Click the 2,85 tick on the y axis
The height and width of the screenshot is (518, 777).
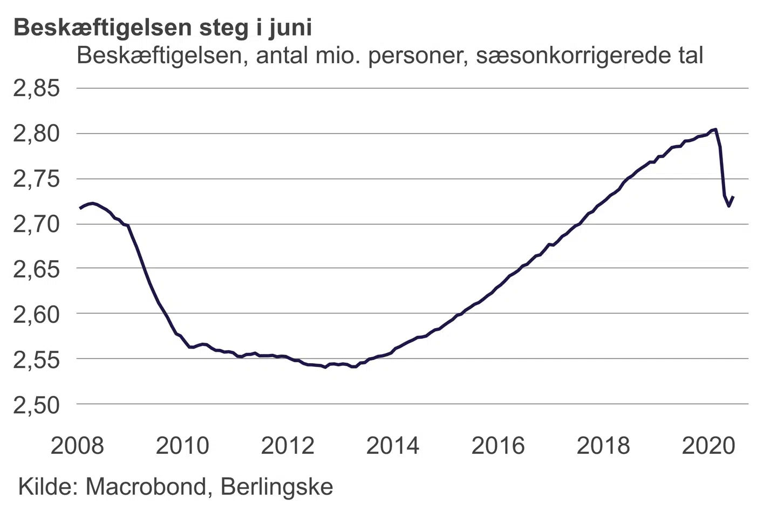tap(37, 88)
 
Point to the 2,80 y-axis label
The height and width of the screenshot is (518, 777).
tap(37, 134)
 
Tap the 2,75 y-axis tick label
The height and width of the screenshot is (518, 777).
tap(37, 179)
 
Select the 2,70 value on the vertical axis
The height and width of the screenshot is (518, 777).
tap(37, 224)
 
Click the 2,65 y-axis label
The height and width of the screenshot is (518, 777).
tap(37, 269)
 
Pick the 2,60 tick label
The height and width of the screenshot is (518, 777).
tap(37, 314)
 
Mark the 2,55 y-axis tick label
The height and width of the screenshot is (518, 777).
tap(37, 359)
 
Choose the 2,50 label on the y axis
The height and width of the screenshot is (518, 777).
tap(37, 405)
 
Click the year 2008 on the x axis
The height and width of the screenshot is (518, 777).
tap(77, 446)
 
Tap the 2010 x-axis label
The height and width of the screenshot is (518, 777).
tap(182, 446)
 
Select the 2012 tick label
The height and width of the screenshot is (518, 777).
tap(288, 446)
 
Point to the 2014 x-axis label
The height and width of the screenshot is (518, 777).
tap(393, 446)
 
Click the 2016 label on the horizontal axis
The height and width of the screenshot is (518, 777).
tap(498, 446)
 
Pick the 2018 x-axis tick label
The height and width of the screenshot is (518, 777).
tap(603, 446)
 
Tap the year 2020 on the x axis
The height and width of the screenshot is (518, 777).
tap(708, 446)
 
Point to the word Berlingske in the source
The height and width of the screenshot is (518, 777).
tap(277, 487)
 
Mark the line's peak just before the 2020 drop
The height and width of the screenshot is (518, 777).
tap(715, 129)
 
